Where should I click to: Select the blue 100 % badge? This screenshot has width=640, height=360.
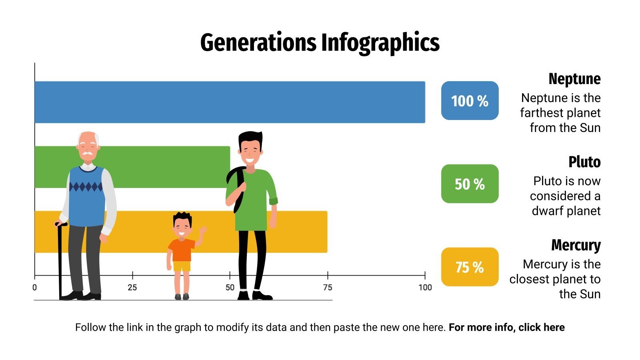(x=470, y=101)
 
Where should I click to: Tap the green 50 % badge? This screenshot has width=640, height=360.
(x=470, y=184)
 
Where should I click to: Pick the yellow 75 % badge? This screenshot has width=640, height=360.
(x=470, y=267)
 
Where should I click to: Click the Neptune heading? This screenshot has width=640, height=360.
(x=574, y=79)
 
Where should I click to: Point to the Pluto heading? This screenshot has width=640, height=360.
(x=584, y=162)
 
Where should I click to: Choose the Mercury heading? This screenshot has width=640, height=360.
(x=576, y=245)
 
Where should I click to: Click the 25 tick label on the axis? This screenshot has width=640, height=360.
(x=132, y=287)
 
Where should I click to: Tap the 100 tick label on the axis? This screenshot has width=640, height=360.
(x=425, y=287)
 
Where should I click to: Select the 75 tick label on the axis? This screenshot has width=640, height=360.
(x=327, y=287)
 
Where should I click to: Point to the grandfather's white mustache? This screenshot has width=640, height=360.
(x=88, y=153)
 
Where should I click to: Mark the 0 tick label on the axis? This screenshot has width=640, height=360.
(x=34, y=287)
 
